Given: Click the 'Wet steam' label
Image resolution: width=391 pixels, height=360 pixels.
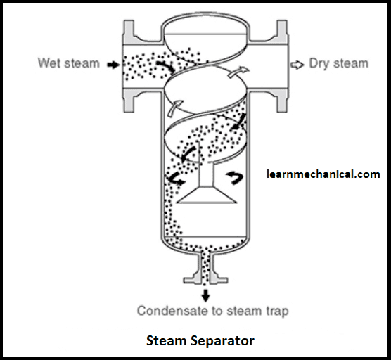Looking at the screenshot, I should click(69, 63).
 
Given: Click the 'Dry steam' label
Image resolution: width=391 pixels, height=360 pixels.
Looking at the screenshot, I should click(338, 63).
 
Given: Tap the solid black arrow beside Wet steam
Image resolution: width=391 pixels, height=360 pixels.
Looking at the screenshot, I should click(112, 64).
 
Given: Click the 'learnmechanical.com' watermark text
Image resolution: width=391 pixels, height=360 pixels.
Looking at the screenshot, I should click(323, 174).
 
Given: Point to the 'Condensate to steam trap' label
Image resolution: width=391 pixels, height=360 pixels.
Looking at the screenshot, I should click(212, 310).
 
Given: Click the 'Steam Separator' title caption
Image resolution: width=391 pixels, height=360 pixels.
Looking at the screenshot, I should click(200, 341).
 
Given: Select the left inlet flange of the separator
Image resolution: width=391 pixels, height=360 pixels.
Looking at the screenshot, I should click(129, 63).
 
